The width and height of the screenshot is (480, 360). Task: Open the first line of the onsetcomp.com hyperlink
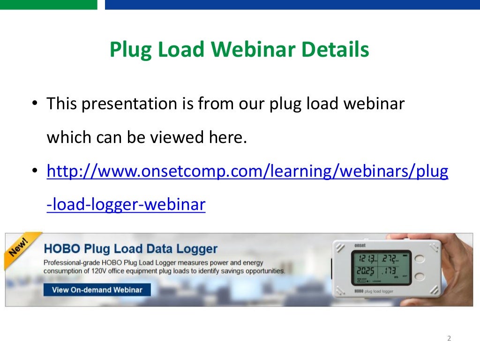pos(247,172)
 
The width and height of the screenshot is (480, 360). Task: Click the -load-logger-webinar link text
pos(126,205)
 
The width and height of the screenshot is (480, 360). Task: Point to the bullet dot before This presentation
pos(35,104)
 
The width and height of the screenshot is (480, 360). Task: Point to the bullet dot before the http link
pos(35,172)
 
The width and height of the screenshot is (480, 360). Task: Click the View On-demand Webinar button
pos(97,290)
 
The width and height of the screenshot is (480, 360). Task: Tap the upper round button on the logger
pos(420,258)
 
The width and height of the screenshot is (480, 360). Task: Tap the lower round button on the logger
pos(420,277)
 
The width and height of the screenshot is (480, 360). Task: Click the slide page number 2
pos(449,338)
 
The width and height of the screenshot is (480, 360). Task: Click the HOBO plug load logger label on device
pos(374,291)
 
